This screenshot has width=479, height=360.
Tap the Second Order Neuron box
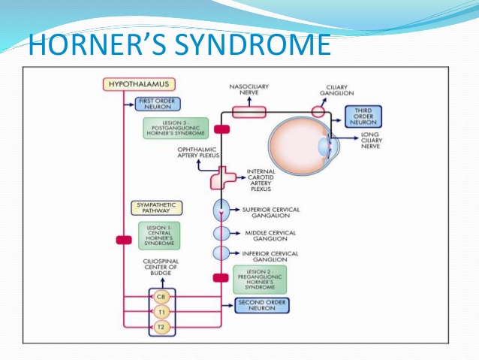point(262,305)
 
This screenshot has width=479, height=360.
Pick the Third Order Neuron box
point(363,116)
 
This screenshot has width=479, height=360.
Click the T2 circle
point(161,327)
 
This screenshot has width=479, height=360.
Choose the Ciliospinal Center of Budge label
point(160,267)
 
